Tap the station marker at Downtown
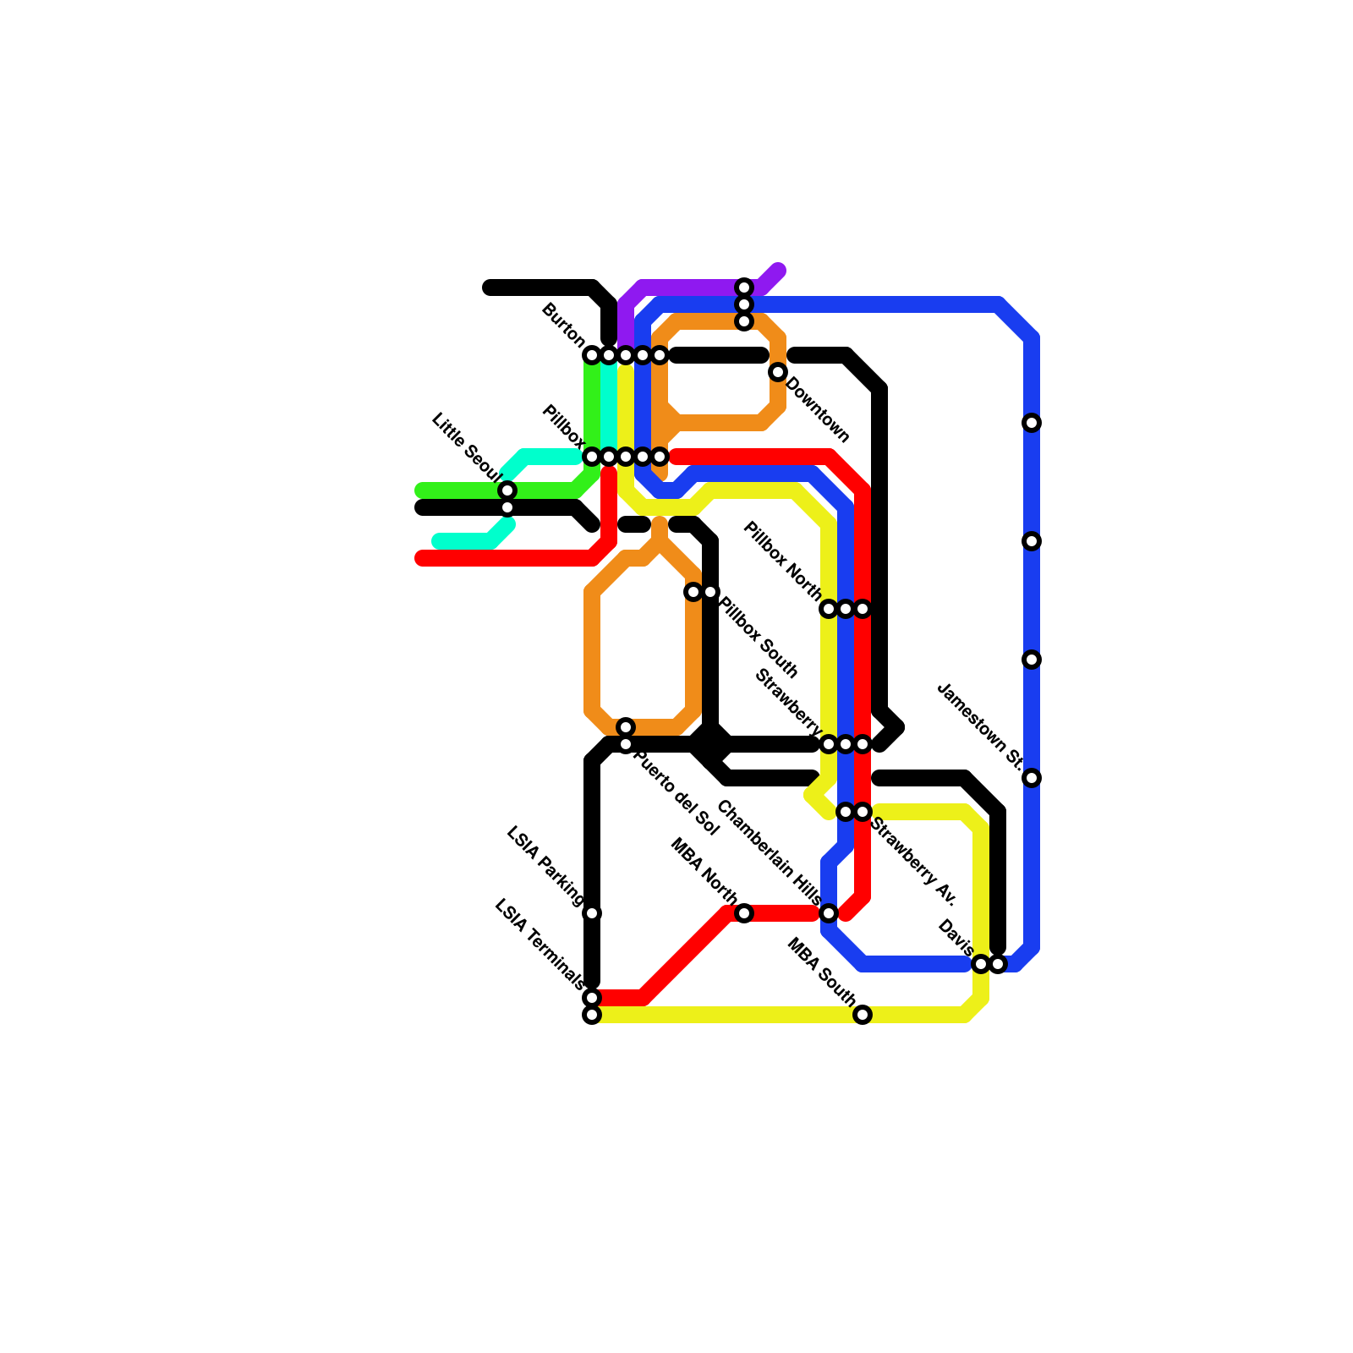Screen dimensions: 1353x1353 pos(778,372)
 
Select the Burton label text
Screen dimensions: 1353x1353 pos(563,325)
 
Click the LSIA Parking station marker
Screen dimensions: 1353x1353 pos(592,913)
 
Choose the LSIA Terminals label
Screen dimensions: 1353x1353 pos(539,944)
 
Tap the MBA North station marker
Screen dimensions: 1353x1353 pos(744,913)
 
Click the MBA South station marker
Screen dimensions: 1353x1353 pos(863,1015)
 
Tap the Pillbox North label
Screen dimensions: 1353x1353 pos(782,561)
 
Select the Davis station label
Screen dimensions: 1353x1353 pos(956,939)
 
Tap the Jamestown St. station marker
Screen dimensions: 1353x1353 pos(1032,778)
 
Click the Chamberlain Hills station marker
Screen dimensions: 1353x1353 pos(829,913)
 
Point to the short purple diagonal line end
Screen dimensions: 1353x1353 pos(779,270)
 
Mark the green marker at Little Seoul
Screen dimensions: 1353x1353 pos(507,490)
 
